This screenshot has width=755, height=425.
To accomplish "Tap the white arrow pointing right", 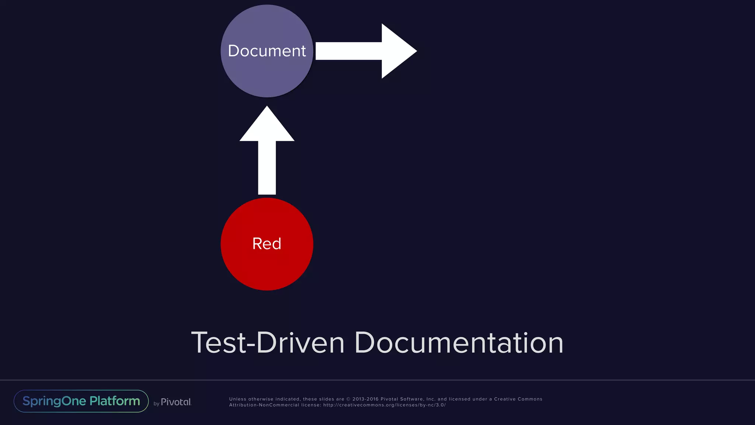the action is click(365, 51).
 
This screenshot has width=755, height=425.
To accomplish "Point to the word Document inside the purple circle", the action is click(267, 51).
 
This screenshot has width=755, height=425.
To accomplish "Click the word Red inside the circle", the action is click(267, 244).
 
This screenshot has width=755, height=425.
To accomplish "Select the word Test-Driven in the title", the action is click(268, 343).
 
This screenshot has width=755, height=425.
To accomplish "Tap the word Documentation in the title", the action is click(459, 343).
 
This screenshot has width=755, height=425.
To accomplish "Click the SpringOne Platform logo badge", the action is click(81, 401).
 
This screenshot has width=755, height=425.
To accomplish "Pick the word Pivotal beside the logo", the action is click(176, 402).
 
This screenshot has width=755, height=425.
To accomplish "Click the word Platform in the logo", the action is click(115, 401).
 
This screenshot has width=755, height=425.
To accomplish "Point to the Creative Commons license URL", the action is click(385, 405).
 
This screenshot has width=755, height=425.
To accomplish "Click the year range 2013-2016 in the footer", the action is click(365, 399).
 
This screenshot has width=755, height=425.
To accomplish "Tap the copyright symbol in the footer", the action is click(348, 399).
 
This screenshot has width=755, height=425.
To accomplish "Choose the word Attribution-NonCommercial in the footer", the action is click(264, 405).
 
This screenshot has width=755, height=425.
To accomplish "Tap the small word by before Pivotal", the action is click(156, 404).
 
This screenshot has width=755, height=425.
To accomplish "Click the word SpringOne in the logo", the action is click(54, 401).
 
